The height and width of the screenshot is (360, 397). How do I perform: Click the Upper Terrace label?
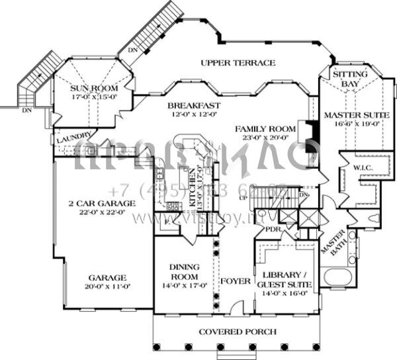coord(238,63)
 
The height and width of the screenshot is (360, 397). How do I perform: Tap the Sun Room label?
coord(94,88)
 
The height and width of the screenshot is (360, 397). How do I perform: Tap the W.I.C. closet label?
coord(364,168)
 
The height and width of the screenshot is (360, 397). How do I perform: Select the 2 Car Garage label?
coord(102,203)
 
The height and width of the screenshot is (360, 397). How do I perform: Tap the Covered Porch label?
coord(238,332)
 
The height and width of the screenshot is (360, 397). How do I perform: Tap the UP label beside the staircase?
coord(243,198)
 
